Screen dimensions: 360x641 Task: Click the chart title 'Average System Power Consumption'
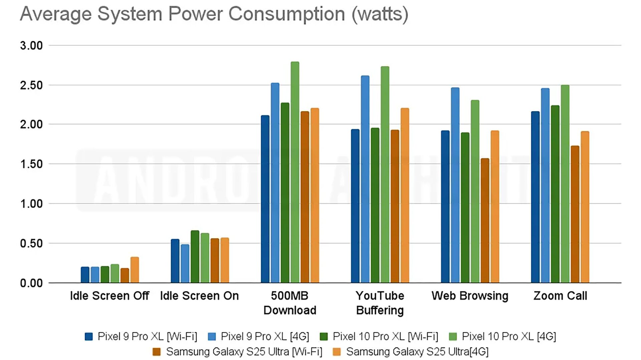point(214,14)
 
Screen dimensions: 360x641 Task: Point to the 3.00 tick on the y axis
point(31,45)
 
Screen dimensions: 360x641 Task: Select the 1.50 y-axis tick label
point(31,164)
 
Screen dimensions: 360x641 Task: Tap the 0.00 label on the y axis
point(31,283)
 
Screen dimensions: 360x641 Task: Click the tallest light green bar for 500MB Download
point(295,172)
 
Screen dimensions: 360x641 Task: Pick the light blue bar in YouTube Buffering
point(365,179)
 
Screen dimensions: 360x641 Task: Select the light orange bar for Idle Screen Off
point(135,270)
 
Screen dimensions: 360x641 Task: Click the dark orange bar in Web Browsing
point(485,221)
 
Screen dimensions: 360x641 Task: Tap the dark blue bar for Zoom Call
point(535,197)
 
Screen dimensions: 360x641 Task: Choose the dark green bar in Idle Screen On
point(195,257)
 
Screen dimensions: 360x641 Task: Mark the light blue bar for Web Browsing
point(455,185)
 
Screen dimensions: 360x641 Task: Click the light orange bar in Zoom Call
point(585,207)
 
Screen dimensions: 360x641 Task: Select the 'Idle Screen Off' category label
point(110,296)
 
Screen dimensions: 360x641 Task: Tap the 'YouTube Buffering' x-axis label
point(380,303)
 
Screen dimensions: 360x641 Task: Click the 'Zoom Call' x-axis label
point(560,296)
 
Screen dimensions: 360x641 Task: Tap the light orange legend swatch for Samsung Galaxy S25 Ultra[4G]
point(337,352)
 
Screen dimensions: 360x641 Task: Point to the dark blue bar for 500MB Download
point(265,199)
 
